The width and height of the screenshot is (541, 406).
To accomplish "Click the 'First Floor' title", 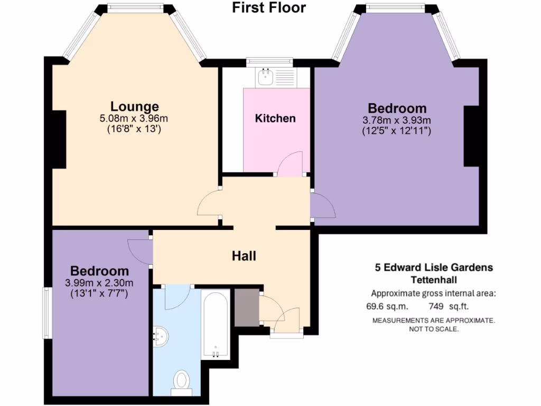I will point(269,8).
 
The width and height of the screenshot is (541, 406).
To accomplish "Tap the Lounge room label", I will point(134,106).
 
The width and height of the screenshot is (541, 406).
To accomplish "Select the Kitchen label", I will point(275,118).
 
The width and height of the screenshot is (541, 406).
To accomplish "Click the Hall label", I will point(244,256).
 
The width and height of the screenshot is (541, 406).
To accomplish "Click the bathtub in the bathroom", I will point(215,324).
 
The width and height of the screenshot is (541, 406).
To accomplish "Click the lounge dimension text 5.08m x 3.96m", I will point(134,118).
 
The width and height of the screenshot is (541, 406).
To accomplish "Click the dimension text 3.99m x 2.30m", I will point(99,282).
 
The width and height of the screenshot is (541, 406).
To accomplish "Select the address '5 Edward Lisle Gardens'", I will point(433,267).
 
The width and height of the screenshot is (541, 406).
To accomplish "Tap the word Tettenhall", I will point(433,280).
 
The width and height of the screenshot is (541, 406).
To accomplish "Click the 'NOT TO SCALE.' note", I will point(433,329).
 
